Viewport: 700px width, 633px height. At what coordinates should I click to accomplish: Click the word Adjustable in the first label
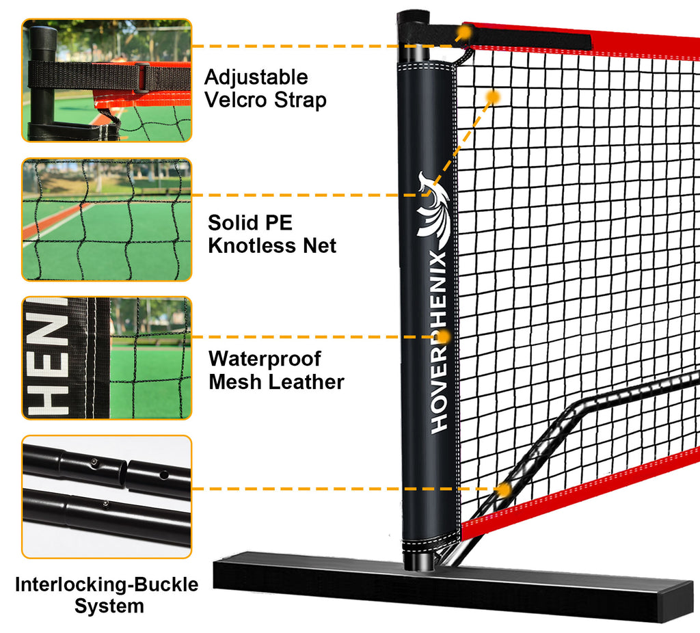click(256, 78)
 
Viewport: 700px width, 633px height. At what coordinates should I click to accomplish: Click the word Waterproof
click(265, 358)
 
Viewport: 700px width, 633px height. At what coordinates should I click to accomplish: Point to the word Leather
click(308, 382)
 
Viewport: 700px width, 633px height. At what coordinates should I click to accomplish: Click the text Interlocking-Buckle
click(107, 584)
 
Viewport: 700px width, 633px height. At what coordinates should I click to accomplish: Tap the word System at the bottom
click(109, 606)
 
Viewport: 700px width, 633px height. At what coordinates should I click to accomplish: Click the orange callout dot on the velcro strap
click(465, 32)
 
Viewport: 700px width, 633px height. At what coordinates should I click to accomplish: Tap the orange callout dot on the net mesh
click(493, 96)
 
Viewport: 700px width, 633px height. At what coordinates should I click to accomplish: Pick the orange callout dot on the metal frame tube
click(504, 489)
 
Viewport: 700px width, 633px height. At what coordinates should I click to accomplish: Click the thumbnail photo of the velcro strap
click(107, 81)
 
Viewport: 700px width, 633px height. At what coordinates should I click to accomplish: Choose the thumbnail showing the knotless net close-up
click(107, 219)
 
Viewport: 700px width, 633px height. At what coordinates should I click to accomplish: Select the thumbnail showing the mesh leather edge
click(107, 358)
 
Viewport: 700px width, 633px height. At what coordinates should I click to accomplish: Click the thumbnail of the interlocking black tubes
click(107, 497)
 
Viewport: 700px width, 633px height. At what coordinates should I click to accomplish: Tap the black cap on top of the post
click(413, 18)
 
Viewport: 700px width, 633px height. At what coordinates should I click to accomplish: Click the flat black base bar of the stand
click(454, 585)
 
